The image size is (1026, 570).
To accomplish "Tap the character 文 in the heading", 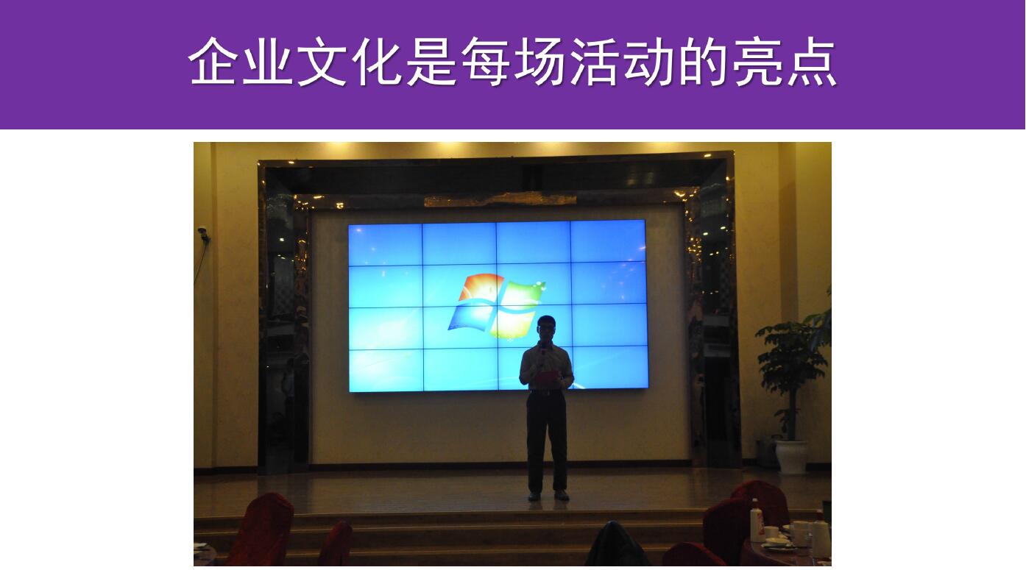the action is click(322, 61).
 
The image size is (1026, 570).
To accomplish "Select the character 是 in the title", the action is click(431, 61).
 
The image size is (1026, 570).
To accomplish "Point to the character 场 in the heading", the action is click(539, 61).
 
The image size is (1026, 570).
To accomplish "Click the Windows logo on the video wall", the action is click(495, 306).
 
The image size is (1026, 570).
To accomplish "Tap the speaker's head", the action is click(546, 327).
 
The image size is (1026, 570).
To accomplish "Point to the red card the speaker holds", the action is click(547, 377).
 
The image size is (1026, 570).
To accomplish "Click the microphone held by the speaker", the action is click(543, 352).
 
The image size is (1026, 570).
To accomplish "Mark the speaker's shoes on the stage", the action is click(548, 496).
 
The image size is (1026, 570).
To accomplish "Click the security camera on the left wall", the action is click(203, 233).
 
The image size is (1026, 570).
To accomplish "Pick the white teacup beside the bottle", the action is click(771, 532).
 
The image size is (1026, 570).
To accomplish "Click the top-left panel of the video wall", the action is click(385, 245).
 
